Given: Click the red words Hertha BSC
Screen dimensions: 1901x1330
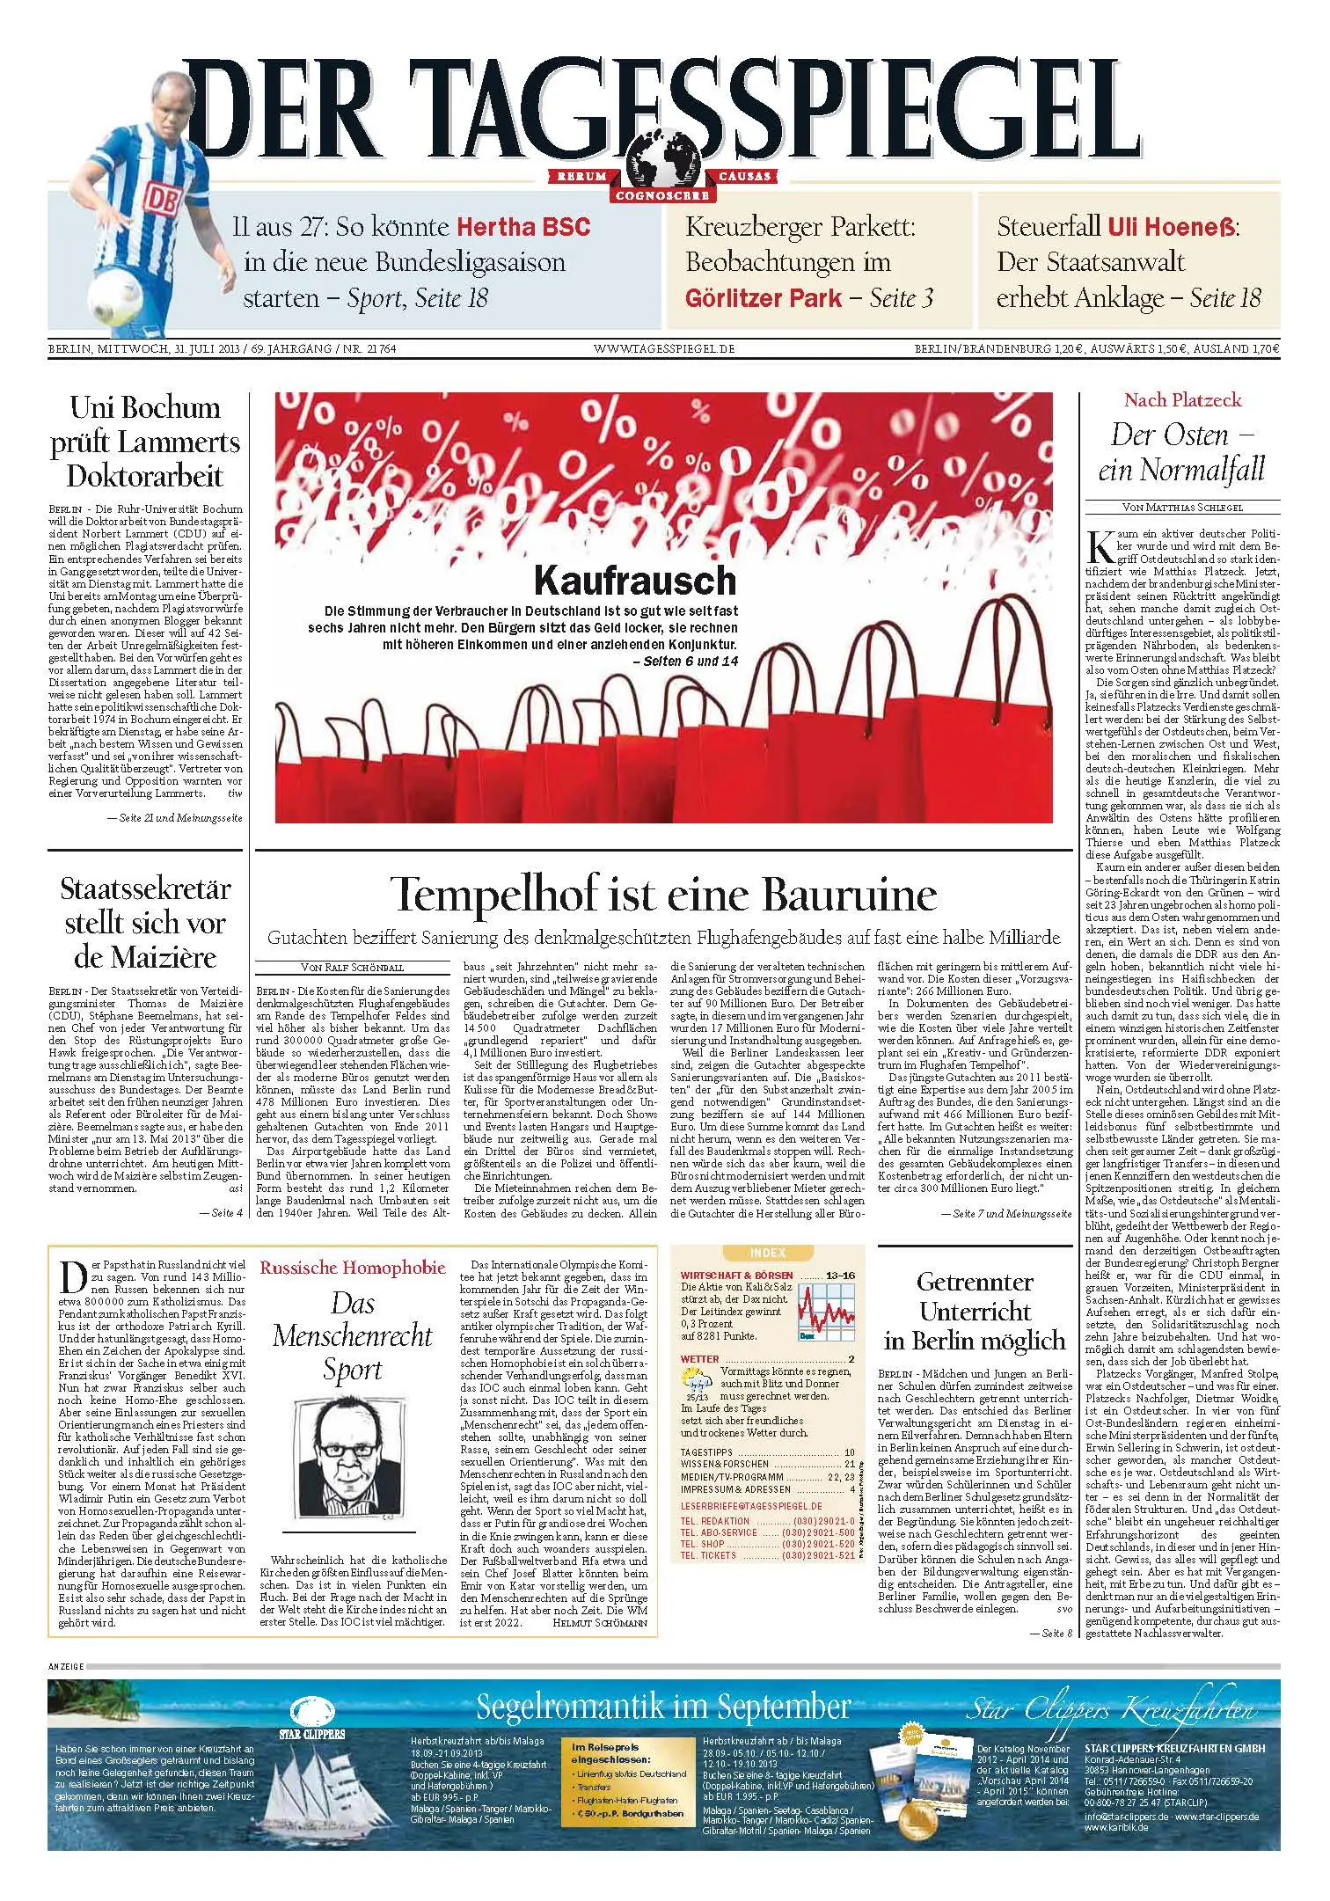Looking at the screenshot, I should click(523, 227).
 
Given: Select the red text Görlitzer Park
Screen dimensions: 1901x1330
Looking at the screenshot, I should click(763, 298).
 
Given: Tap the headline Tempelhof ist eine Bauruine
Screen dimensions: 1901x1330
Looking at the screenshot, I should click(664, 895).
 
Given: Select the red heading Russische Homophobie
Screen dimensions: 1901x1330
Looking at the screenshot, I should click(353, 1268).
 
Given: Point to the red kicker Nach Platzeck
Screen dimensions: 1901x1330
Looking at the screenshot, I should click(1182, 400).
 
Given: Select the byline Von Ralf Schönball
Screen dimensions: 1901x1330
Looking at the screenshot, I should click(352, 968).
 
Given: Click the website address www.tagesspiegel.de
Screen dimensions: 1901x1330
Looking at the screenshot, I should click(664, 349).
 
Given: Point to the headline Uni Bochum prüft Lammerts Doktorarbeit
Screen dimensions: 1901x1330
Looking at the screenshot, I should click(145, 442).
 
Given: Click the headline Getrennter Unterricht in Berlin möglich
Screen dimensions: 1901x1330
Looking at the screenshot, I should click(975, 1311).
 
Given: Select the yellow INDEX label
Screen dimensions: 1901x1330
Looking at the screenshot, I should click(768, 1253).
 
